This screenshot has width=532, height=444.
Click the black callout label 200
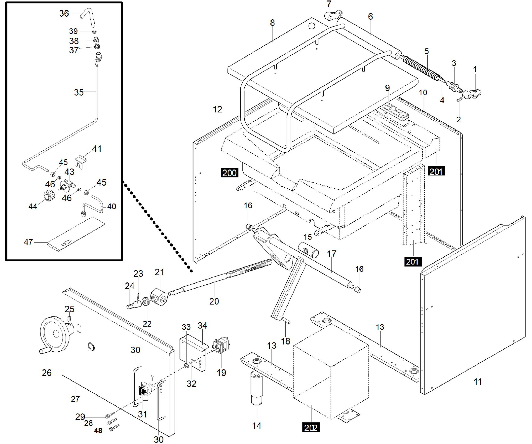click(x=229, y=173)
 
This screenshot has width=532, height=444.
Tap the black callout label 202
click(x=311, y=428)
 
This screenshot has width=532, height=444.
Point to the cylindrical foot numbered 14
click(x=257, y=388)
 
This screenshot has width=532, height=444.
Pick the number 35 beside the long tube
click(x=78, y=92)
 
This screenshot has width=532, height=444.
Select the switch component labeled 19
click(x=221, y=344)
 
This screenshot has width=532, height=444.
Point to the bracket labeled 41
click(x=80, y=162)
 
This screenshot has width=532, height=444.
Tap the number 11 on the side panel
click(x=478, y=381)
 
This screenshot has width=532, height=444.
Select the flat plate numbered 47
click(x=76, y=234)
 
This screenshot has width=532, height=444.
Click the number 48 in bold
click(x=98, y=431)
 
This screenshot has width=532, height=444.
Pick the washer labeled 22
click(x=146, y=302)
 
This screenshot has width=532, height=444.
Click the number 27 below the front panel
click(x=75, y=399)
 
